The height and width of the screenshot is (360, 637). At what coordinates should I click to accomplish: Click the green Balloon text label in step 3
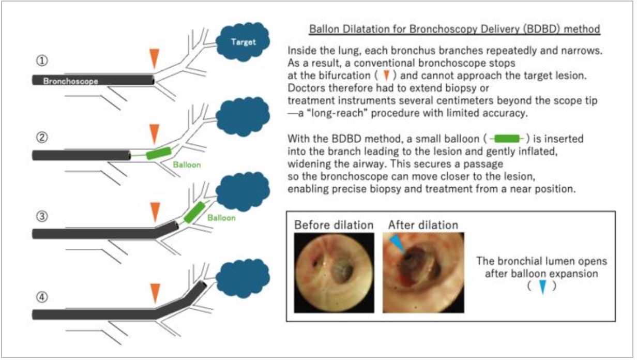[x=221, y=218]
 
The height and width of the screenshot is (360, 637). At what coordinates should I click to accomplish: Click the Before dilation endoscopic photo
[x=333, y=272]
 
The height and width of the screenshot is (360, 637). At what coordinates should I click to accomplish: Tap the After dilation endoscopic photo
[x=423, y=272]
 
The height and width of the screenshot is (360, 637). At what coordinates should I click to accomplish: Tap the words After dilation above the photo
[x=423, y=225]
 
